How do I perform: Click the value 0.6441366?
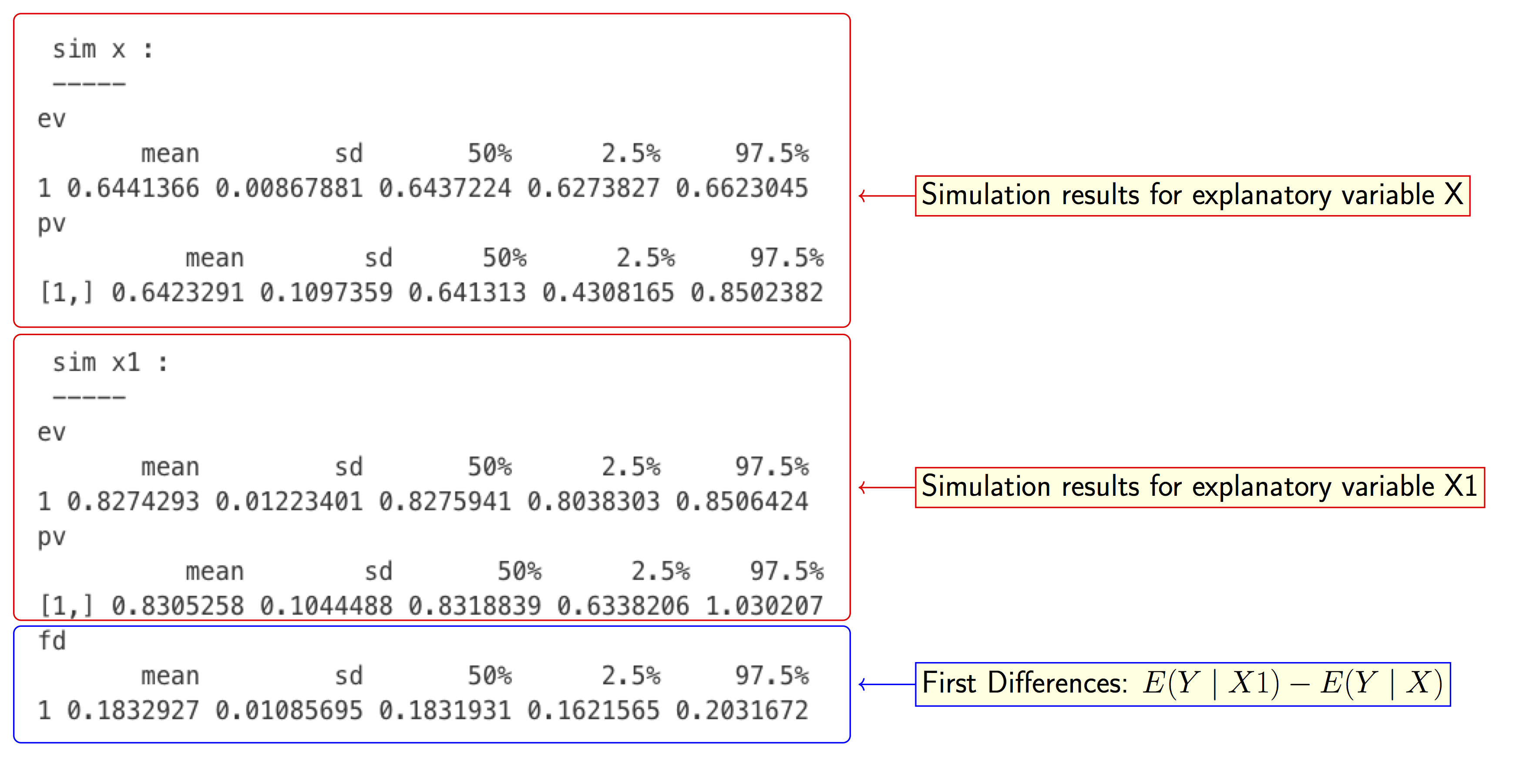click(133, 188)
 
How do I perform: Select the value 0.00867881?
click(289, 188)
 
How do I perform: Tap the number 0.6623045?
click(742, 188)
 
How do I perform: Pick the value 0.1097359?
click(326, 293)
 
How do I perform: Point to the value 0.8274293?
click(133, 501)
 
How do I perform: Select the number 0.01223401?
click(289, 501)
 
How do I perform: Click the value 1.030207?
click(764, 606)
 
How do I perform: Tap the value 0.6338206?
click(623, 606)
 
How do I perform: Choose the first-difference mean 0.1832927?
click(133, 710)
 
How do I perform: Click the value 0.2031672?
click(742, 710)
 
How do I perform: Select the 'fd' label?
click(52, 641)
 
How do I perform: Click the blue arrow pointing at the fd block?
click(886, 684)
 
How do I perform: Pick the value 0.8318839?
click(474, 606)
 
